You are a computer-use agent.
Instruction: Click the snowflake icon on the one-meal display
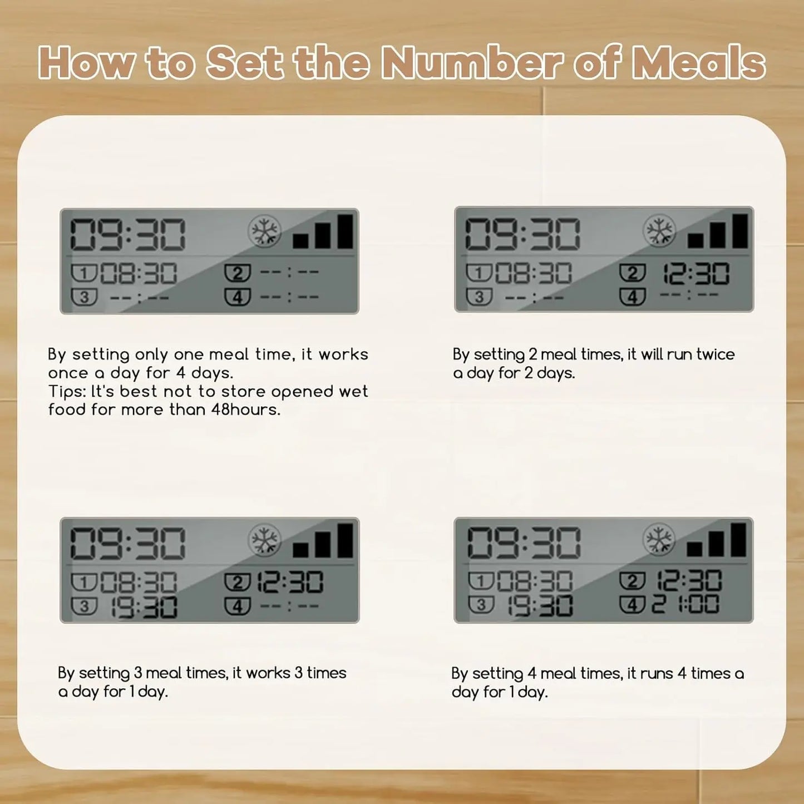(264, 231)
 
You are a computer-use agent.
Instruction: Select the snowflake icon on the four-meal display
(659, 539)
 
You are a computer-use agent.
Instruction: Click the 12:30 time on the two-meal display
(696, 274)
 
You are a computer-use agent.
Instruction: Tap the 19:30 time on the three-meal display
(144, 606)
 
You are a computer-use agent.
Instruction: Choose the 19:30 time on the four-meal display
(540, 606)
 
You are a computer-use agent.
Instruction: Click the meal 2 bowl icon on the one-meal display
(238, 273)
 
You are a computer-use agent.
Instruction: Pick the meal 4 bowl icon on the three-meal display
(238, 606)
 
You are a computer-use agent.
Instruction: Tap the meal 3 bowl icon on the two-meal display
(479, 296)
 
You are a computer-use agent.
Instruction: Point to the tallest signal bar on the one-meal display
(345, 231)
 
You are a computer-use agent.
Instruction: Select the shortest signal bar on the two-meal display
(695, 241)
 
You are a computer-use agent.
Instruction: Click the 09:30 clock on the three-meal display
(127, 543)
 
